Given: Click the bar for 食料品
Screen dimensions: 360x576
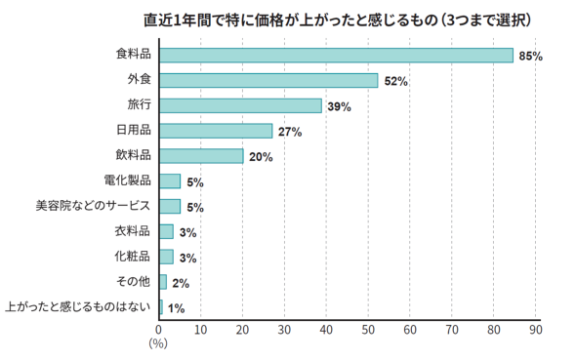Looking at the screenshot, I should coord(336,55).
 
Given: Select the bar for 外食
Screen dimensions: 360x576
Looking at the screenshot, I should coord(267,80).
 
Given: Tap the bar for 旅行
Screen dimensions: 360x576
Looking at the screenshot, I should coord(240,105).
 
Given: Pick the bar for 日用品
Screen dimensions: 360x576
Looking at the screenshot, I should coord(216,131).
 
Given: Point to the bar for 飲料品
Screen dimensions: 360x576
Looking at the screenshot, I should coord(201,156).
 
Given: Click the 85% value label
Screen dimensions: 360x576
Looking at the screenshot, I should coord(530,57).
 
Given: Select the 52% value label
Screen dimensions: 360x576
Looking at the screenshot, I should coord(395,81).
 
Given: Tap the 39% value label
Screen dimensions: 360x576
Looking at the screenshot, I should coord(340,106).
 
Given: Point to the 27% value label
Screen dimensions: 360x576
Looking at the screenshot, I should coord(290,132).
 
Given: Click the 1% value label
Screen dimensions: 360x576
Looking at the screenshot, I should coord(177,308).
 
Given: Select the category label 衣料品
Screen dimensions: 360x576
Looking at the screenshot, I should coord(132,231).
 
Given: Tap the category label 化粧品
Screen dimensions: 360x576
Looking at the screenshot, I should coord(132,257).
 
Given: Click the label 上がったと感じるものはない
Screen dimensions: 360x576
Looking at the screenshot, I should coord(78,307).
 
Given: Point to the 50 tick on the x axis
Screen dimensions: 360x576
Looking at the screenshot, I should coord(368,331).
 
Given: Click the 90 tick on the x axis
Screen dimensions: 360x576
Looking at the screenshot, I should coord(535,331).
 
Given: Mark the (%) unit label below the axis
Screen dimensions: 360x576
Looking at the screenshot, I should coord(158,344).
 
